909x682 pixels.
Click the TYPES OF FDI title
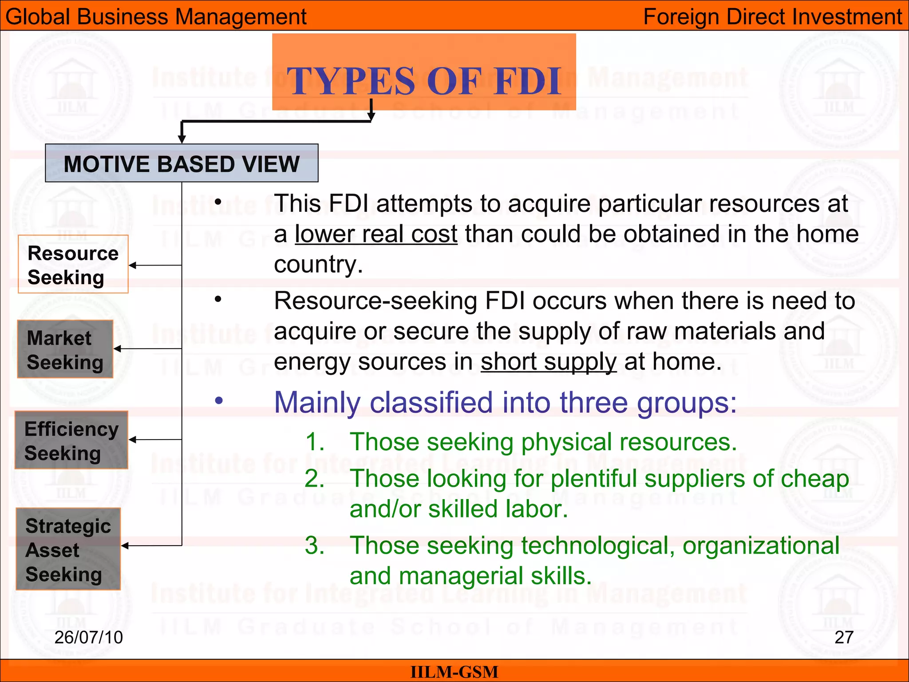click(x=424, y=81)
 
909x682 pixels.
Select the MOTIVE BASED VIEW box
click(x=182, y=163)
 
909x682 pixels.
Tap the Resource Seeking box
click(x=73, y=265)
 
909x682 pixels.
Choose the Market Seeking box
click(x=65, y=349)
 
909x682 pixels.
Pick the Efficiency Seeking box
click(x=71, y=440)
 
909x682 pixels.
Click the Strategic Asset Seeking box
click(x=68, y=549)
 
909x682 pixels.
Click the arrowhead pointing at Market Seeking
click(x=118, y=349)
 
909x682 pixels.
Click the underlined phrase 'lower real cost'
click(x=376, y=234)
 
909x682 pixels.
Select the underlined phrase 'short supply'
click(x=549, y=361)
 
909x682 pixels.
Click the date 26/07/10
click(x=88, y=637)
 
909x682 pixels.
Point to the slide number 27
click(x=844, y=637)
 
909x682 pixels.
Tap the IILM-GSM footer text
click(x=454, y=672)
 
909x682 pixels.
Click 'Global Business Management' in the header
click(x=156, y=17)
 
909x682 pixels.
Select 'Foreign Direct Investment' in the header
click(x=772, y=17)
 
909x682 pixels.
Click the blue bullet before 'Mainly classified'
click(x=219, y=401)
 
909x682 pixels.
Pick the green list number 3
click(x=314, y=545)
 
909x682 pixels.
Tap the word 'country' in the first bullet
click(x=318, y=265)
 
